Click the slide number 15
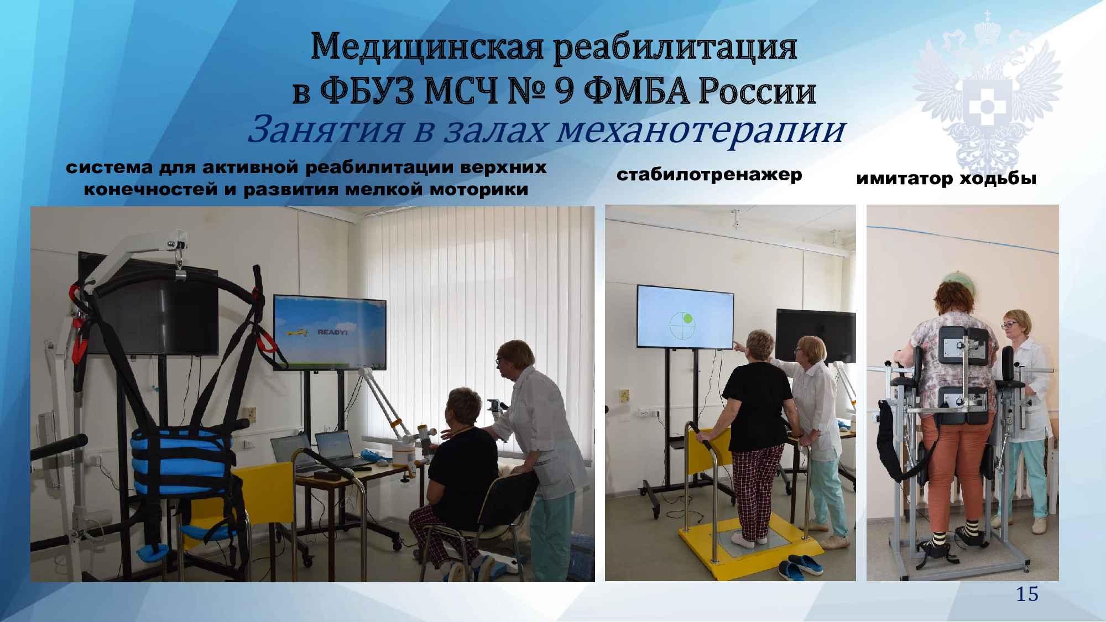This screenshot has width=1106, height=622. pos(1027,594)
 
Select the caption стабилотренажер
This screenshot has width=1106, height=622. pos(709,175)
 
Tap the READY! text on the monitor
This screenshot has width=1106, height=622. pos(332,332)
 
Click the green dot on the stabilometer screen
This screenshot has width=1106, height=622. pos(687,318)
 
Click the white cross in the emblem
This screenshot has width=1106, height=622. pos(987,106)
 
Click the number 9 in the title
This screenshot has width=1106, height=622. pos(564,91)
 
